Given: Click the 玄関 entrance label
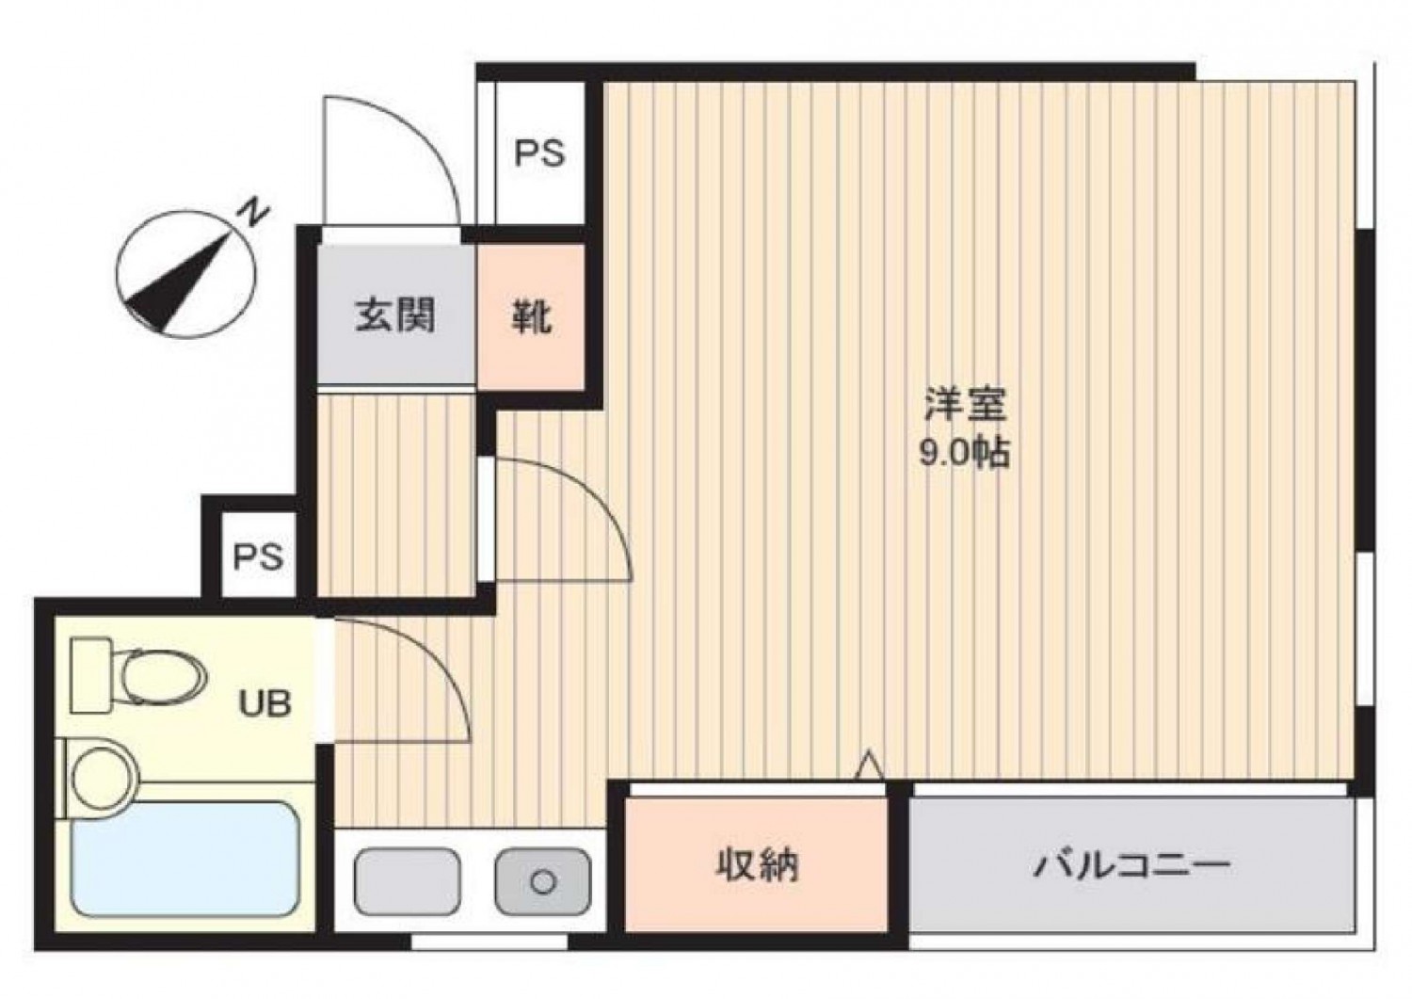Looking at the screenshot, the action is [x=394, y=314].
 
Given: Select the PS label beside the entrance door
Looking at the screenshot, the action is [x=539, y=153].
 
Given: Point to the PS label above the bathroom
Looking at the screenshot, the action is [x=259, y=556].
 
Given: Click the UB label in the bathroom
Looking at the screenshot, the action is [x=265, y=702].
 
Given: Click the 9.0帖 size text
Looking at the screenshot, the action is [x=965, y=452].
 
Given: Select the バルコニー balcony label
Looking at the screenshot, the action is [x=1131, y=864].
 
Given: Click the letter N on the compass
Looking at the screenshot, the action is [x=254, y=213].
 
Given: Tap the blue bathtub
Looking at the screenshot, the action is [x=185, y=858].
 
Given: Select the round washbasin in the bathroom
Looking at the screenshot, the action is [x=104, y=777].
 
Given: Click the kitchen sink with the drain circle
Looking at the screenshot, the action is [x=543, y=881].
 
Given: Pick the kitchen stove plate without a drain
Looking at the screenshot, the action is [x=408, y=881].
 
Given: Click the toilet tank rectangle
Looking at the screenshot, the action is [x=92, y=675].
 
